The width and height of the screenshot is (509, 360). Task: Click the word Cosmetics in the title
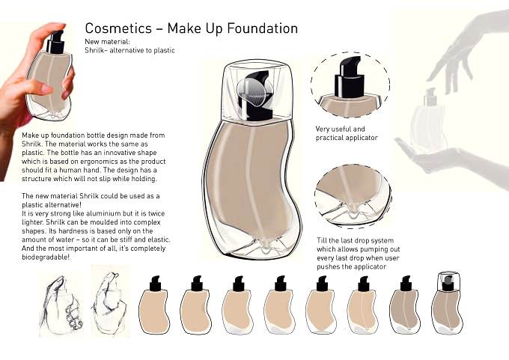[118, 28]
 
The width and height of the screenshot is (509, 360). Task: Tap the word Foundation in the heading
[262, 28]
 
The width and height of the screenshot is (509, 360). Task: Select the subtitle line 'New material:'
[108, 42]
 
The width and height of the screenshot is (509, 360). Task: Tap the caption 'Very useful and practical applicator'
[347, 133]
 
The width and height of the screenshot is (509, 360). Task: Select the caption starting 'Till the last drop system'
[359, 254]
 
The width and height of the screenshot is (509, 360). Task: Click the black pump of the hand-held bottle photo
[55, 42]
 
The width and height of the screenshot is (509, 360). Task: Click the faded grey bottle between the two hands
[429, 122]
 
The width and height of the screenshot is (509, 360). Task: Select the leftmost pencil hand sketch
[61, 305]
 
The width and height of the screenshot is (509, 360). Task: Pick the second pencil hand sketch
[110, 301]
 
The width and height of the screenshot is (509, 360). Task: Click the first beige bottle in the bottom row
[154, 305]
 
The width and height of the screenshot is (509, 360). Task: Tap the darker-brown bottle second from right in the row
[406, 305]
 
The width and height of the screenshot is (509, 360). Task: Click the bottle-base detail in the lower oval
[353, 196]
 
